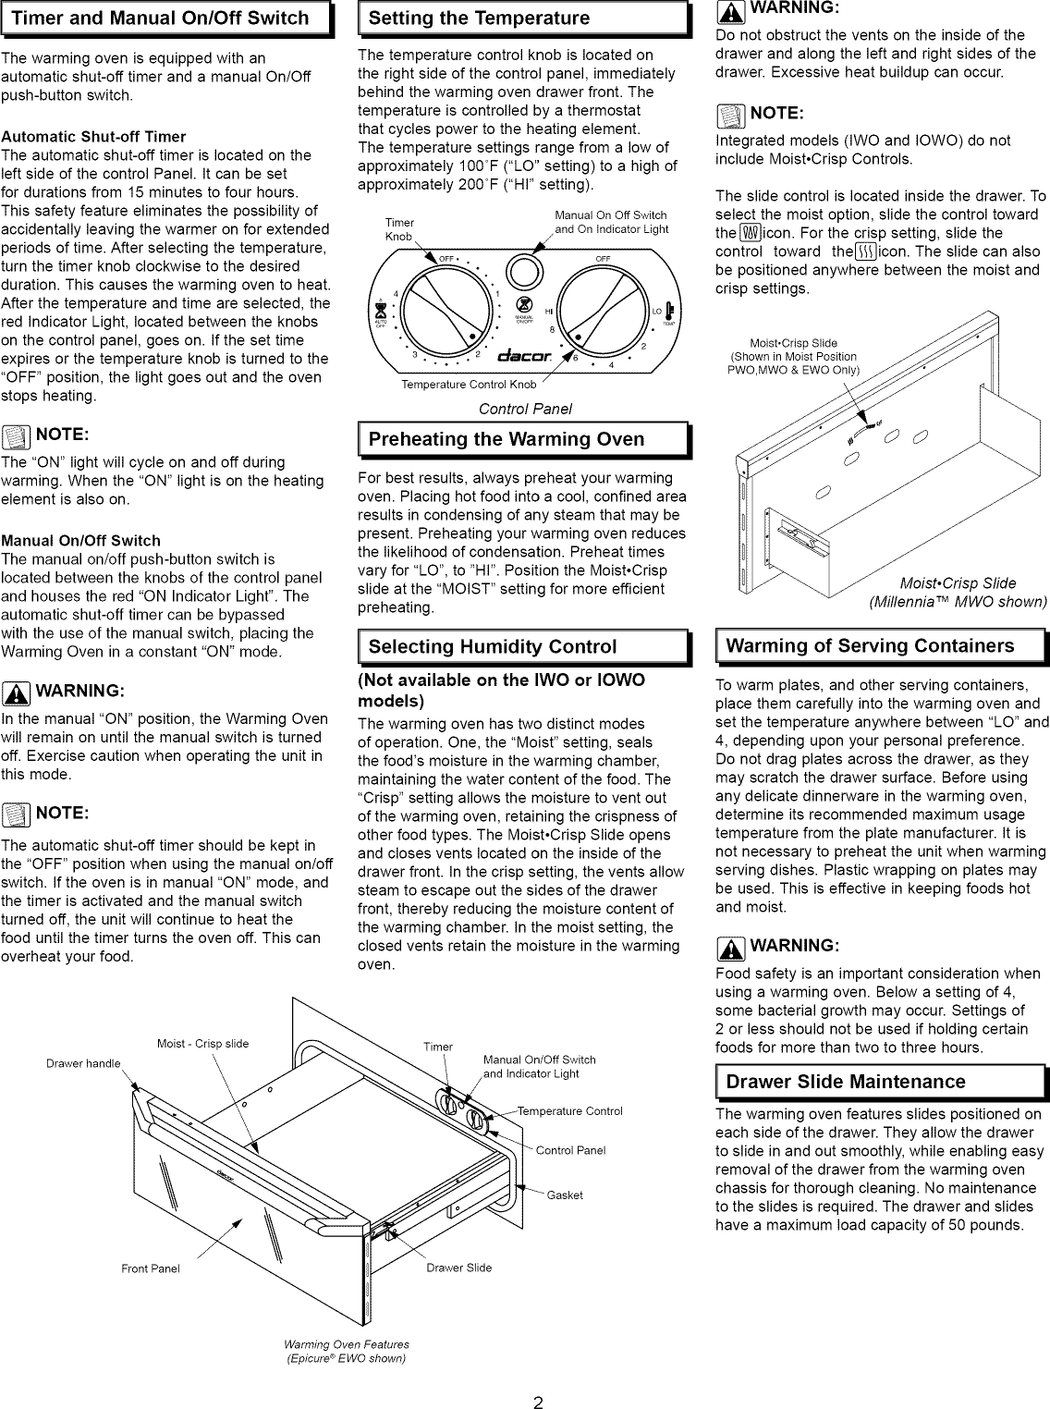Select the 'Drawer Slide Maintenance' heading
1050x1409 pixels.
click(x=845, y=1082)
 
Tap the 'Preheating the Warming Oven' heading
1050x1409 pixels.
click(x=506, y=439)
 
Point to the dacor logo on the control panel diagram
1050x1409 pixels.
click(x=525, y=357)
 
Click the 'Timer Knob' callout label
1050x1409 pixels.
click(x=399, y=230)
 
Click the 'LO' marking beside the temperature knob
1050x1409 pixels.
click(x=657, y=312)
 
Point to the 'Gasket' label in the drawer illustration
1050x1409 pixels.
click(x=565, y=1195)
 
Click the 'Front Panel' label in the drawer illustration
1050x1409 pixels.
click(x=151, y=1268)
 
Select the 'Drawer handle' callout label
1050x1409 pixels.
click(x=83, y=1063)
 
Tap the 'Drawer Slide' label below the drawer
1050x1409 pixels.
click(x=459, y=1268)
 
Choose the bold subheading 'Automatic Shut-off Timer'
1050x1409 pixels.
click(x=93, y=137)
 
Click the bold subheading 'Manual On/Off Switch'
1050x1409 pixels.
click(x=81, y=541)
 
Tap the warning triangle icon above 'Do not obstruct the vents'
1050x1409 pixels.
click(x=728, y=9)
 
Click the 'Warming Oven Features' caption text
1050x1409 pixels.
click(x=346, y=1344)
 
